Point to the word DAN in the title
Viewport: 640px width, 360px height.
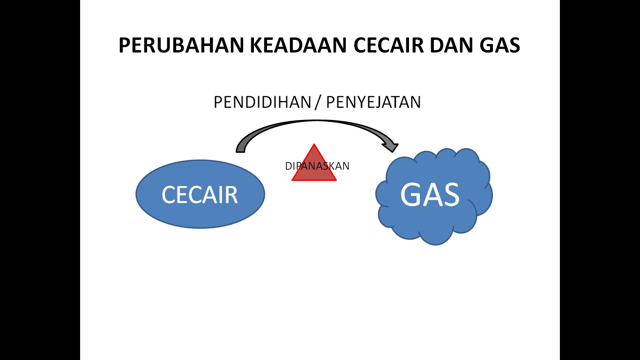pyautogui.click(x=452, y=45)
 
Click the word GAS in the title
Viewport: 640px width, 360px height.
pyautogui.click(x=500, y=45)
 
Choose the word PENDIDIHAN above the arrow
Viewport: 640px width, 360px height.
pyautogui.click(x=262, y=102)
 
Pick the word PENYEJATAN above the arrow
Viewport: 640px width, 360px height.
pyautogui.click(x=373, y=102)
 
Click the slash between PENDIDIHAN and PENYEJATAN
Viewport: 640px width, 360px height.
pyautogui.click(x=318, y=102)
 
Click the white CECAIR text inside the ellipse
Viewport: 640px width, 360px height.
pyautogui.click(x=200, y=195)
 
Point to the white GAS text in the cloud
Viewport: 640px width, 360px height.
pyautogui.click(x=430, y=195)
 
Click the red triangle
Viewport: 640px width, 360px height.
pyautogui.click(x=314, y=173)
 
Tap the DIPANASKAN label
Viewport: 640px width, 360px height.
pyautogui.click(x=317, y=166)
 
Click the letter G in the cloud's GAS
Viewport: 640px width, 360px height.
pyautogui.click(x=411, y=195)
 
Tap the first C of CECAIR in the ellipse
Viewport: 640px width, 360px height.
pyautogui.click(x=169, y=195)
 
